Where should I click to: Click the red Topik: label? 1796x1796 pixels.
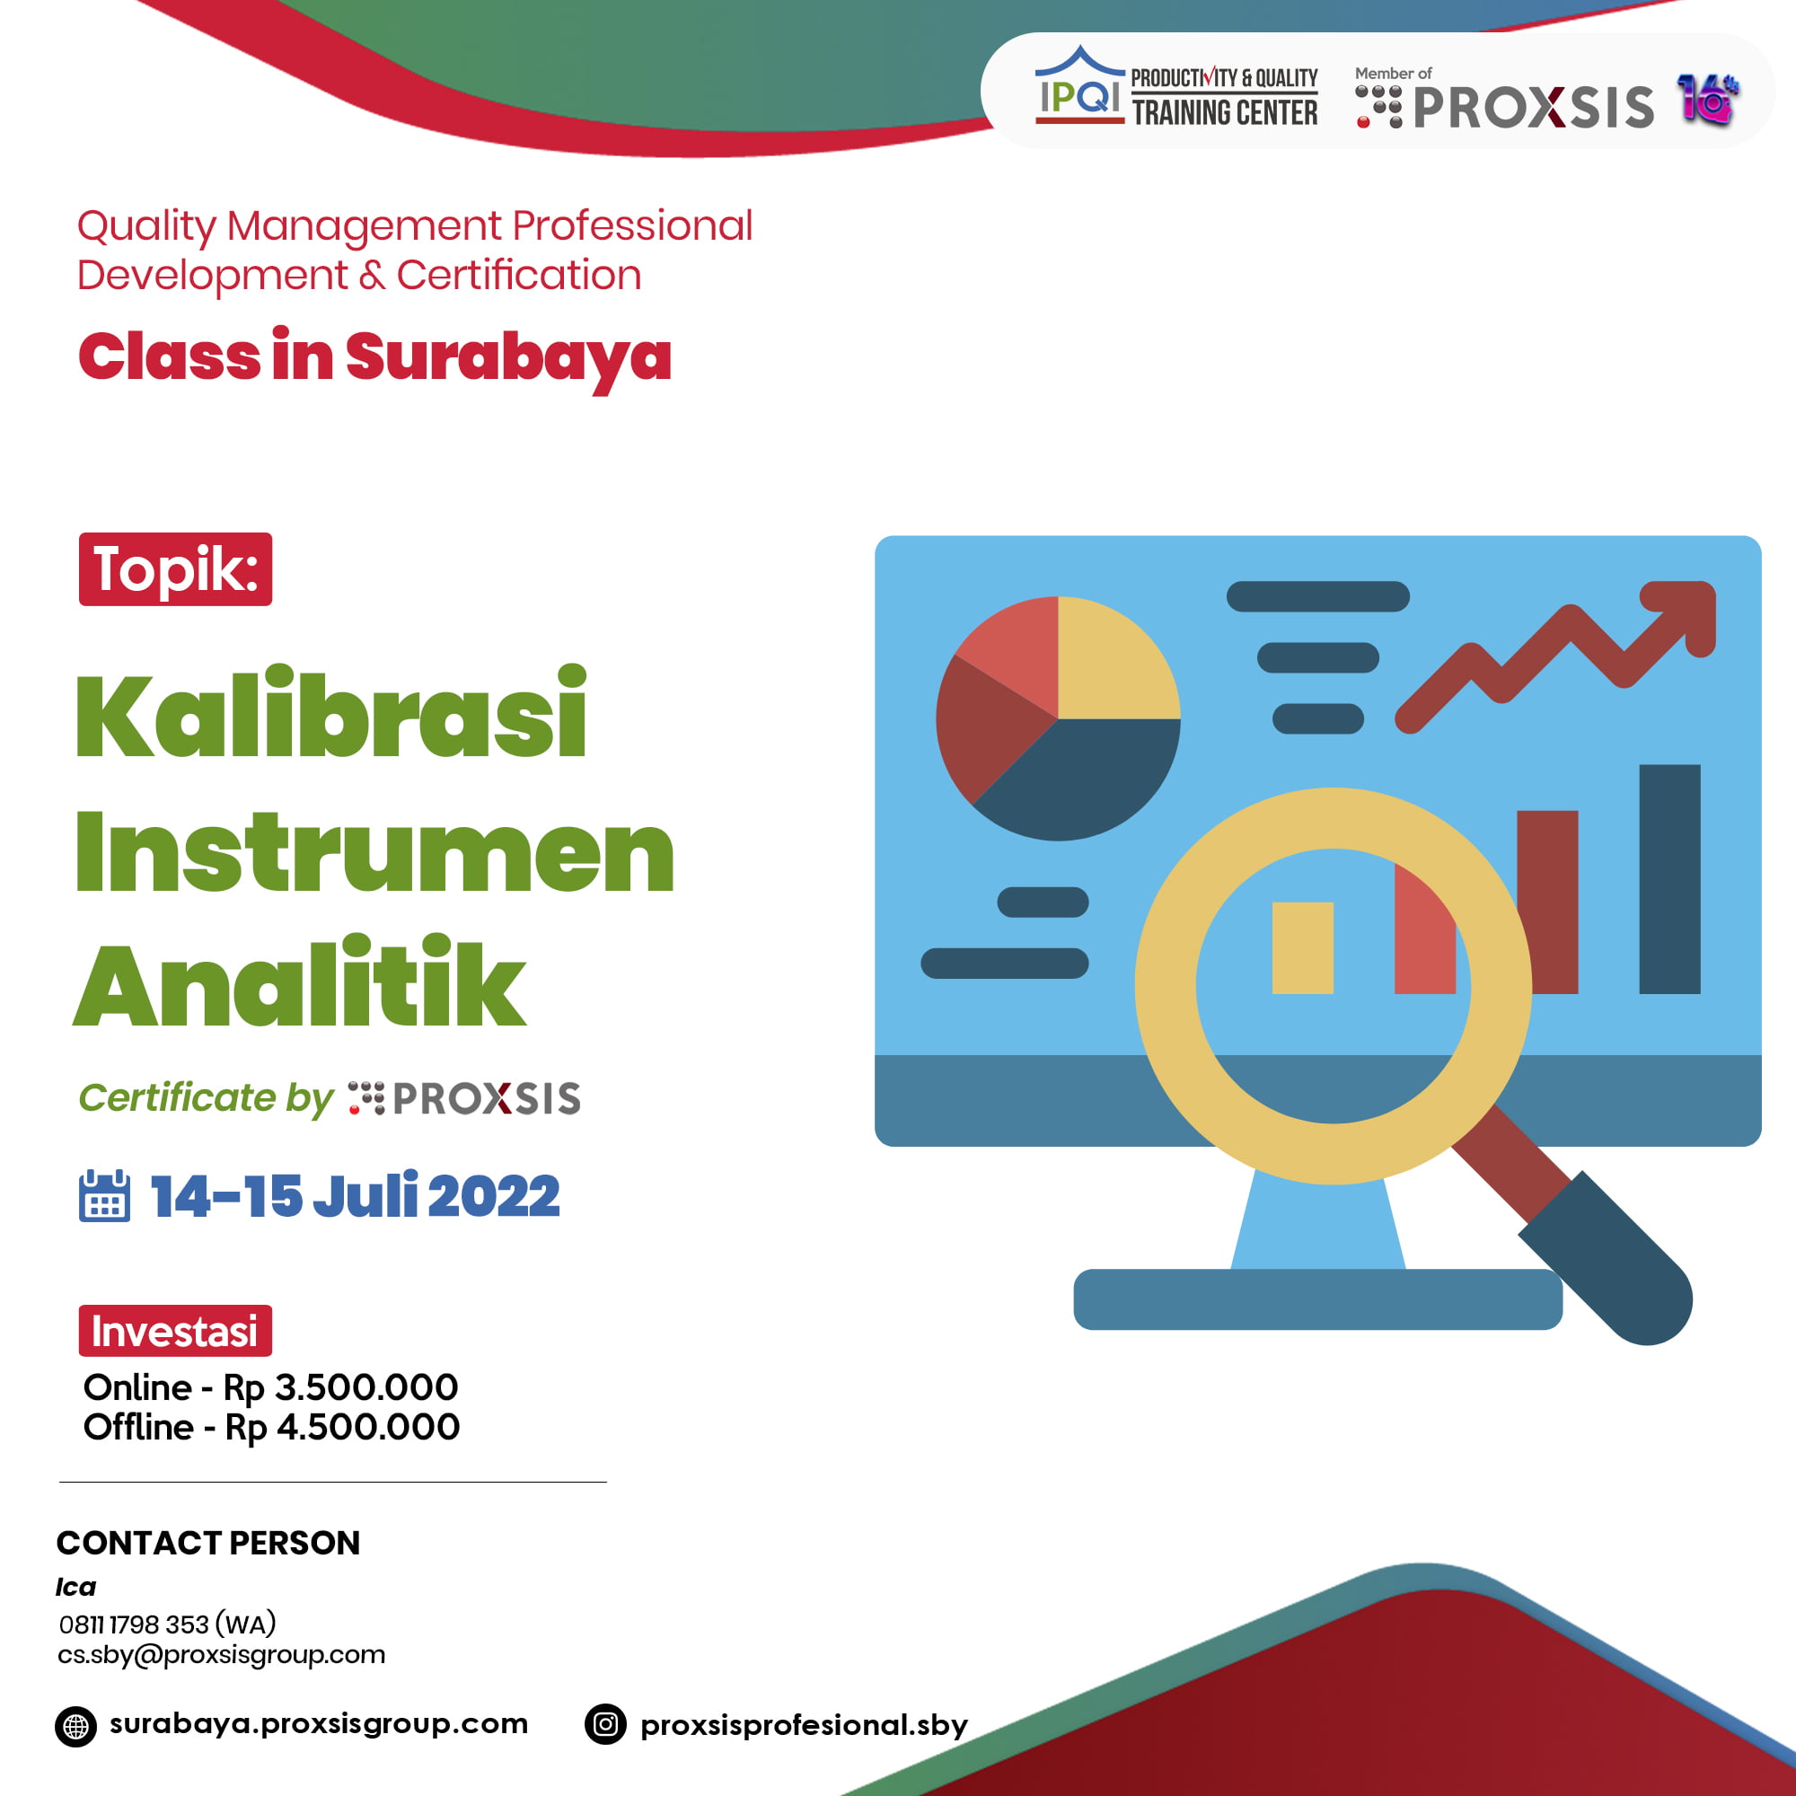[x=175, y=569]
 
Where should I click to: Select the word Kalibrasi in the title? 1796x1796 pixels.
[x=331, y=714]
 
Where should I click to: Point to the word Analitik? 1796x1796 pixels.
[x=299, y=983]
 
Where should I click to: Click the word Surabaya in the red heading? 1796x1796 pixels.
[x=508, y=358]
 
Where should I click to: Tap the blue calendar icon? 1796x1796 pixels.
[x=104, y=1195]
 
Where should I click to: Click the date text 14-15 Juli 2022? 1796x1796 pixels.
[x=355, y=1195]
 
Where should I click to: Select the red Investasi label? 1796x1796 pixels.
[x=175, y=1331]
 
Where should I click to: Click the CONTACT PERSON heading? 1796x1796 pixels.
[x=208, y=1543]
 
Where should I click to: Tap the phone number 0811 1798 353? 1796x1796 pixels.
[x=135, y=1624]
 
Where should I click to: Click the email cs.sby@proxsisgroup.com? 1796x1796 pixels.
[x=221, y=1655]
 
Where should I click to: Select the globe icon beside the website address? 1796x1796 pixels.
[x=75, y=1726]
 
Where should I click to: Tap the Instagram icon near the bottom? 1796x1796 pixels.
[x=605, y=1725]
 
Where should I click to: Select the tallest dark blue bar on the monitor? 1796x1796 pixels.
[x=1669, y=878]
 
